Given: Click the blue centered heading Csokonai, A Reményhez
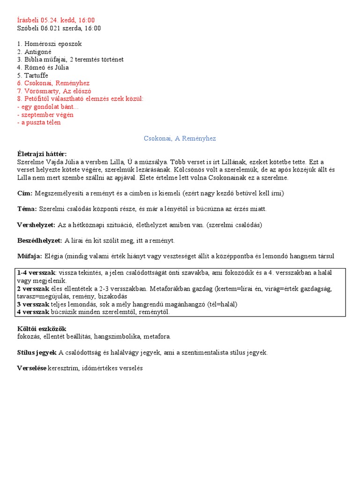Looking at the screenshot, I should click(x=180, y=139).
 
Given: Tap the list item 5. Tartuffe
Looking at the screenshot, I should click(x=32, y=75).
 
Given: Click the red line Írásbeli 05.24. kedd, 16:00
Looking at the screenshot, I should click(x=56, y=20).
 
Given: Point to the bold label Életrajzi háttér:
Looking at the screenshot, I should click(x=42, y=154).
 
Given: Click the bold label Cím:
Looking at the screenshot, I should click(x=24, y=193).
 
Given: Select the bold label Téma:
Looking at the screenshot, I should click(x=27, y=209).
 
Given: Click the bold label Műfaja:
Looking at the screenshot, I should click(x=30, y=256).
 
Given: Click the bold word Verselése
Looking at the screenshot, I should click(x=31, y=368).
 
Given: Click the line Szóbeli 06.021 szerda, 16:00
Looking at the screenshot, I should click(x=59, y=28).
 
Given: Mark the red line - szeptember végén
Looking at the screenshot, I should click(x=45, y=115).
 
